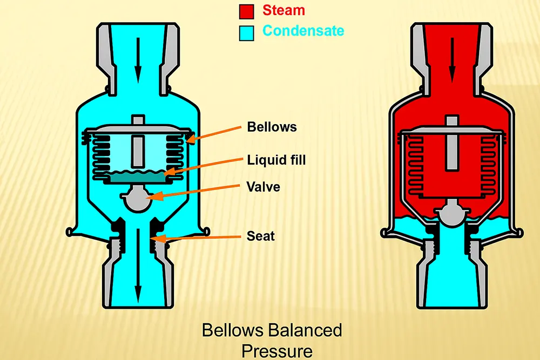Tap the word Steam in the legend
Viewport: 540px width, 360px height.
pyautogui.click(x=283, y=10)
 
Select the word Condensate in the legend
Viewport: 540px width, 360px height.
pyautogui.click(x=303, y=30)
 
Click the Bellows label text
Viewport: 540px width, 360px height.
pyautogui.click(x=272, y=127)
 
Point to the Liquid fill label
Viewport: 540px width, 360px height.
pyautogui.click(x=276, y=160)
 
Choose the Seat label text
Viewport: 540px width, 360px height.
pyautogui.click(x=261, y=236)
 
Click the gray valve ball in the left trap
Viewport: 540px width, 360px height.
pyautogui.click(x=137, y=200)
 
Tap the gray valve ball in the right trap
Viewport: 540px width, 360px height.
pyautogui.click(x=451, y=213)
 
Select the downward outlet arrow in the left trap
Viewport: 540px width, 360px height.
pyautogui.click(x=138, y=264)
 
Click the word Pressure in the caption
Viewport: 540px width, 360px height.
pyautogui.click(x=276, y=351)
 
